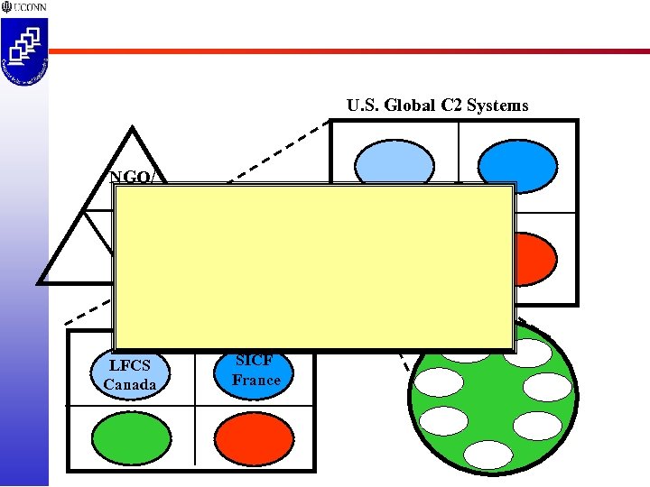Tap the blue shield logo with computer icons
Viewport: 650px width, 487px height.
(x=24, y=52)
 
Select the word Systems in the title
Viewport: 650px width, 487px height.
(x=497, y=106)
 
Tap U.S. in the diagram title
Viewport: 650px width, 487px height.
(x=364, y=106)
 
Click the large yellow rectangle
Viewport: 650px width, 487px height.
(x=313, y=267)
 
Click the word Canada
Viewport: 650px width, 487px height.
(x=129, y=385)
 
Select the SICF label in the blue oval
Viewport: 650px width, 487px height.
(x=255, y=360)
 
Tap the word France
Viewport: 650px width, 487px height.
(x=255, y=380)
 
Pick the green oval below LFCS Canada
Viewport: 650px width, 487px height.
(x=131, y=438)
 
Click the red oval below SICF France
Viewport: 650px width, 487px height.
(x=255, y=439)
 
